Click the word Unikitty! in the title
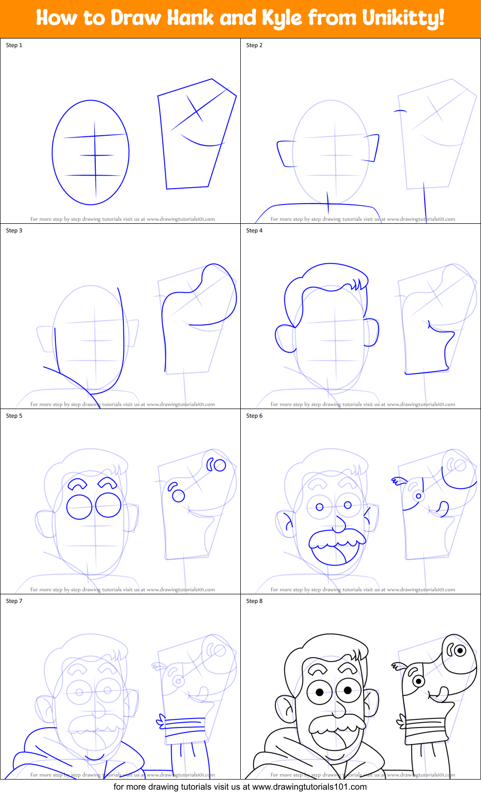(x=403, y=18)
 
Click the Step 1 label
(x=14, y=45)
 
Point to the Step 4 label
(x=254, y=231)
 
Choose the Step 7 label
(x=14, y=601)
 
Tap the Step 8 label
(x=254, y=601)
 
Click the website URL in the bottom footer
(x=309, y=787)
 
